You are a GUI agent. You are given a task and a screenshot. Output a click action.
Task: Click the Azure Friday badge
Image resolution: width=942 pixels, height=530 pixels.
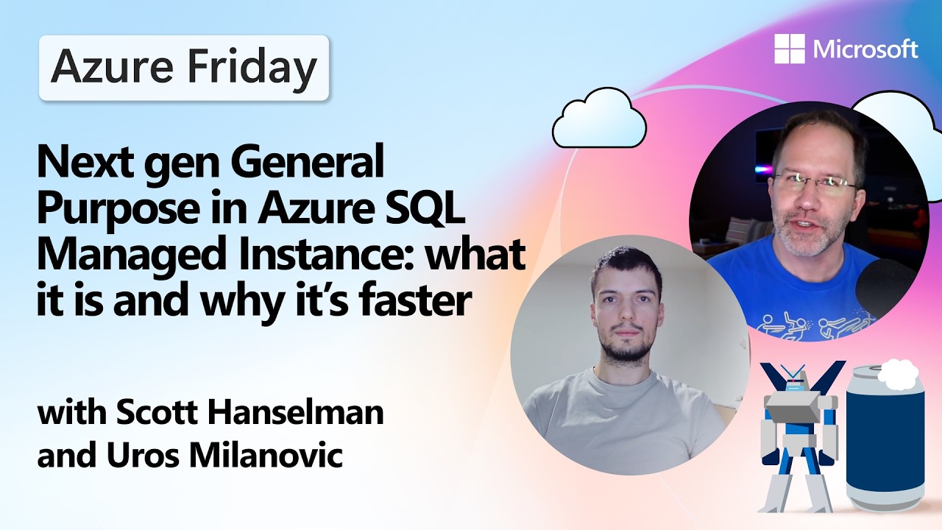[x=183, y=68]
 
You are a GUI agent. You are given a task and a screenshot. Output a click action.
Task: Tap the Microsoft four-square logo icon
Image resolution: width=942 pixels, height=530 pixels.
[x=790, y=49]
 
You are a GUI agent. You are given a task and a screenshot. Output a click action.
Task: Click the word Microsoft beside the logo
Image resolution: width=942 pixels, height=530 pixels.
[x=865, y=50]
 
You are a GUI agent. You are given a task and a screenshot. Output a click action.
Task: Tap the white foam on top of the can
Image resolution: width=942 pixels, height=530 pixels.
[x=898, y=374]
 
